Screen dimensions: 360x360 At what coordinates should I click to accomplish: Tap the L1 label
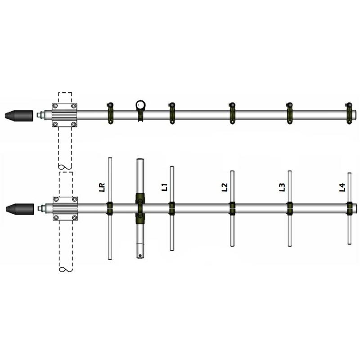[165, 186]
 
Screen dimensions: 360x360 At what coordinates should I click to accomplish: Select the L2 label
[225, 187]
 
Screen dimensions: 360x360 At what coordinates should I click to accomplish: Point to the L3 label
[282, 187]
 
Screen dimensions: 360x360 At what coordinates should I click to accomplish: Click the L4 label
[342, 187]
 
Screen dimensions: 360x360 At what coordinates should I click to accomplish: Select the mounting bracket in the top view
[66, 115]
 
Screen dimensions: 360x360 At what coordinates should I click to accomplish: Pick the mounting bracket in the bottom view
[66, 208]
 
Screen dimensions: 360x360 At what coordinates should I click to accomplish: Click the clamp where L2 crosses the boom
[232, 208]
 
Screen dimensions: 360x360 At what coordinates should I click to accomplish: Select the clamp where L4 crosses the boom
[349, 208]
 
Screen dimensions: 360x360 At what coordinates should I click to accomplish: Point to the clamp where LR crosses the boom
[109, 208]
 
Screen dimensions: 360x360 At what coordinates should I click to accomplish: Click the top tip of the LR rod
[109, 158]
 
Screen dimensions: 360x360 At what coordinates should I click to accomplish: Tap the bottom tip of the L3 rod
[290, 245]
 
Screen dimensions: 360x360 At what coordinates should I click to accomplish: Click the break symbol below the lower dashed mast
[66, 270]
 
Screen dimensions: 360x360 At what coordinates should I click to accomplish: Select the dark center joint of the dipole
[140, 208]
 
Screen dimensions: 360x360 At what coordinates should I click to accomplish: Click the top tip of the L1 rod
[171, 168]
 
